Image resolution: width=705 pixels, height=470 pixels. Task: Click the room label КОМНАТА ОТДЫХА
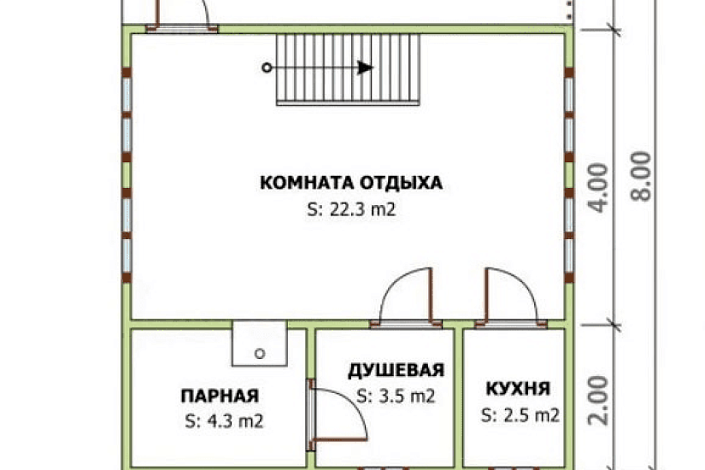(x=351, y=183)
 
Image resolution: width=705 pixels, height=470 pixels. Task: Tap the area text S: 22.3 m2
(x=351, y=209)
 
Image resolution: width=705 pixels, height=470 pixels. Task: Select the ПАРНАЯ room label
(x=220, y=396)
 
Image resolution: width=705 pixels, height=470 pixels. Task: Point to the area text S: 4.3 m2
(x=222, y=420)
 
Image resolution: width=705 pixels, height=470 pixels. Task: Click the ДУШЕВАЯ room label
(x=396, y=370)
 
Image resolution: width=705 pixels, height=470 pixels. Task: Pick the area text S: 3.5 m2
(x=396, y=396)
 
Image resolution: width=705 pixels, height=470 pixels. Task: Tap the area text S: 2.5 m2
(x=520, y=416)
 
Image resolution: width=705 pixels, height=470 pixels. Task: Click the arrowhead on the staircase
(x=366, y=68)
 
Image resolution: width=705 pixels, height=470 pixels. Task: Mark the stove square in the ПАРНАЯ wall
(x=260, y=343)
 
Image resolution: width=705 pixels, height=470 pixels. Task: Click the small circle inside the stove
(x=260, y=352)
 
